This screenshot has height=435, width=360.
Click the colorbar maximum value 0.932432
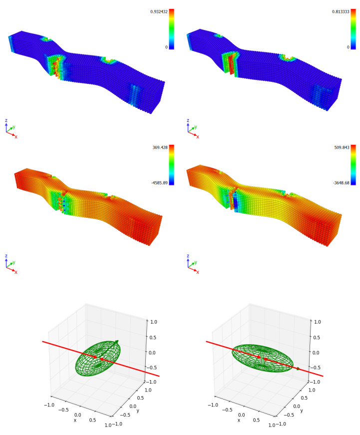(x=159, y=11)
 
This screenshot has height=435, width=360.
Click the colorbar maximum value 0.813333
(x=341, y=11)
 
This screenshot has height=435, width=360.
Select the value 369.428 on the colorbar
(x=160, y=147)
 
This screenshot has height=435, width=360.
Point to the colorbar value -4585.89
(x=159, y=183)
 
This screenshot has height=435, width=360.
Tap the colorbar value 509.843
(x=342, y=147)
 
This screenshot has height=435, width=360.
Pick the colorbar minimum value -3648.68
(x=341, y=183)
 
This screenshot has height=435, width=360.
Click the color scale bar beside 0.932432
(x=171, y=29)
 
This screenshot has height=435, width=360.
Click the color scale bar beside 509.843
(x=353, y=165)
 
